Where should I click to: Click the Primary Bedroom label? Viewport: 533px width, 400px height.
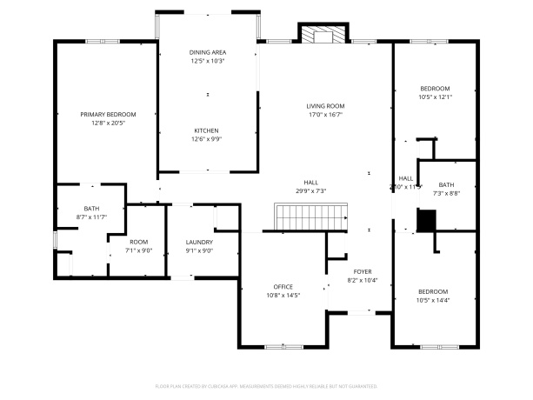tap(108, 114)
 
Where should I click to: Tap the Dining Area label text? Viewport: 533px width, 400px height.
tap(207, 53)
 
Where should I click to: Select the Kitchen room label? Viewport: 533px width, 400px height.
tap(206, 130)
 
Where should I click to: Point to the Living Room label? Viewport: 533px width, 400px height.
tap(325, 106)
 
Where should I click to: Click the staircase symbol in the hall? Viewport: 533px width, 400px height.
tap(312, 217)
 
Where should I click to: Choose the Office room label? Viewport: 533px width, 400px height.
tap(283, 287)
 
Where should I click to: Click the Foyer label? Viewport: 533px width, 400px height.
tap(363, 272)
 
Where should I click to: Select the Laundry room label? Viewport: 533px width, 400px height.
tap(199, 242)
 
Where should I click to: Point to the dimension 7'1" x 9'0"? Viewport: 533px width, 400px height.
tap(139, 250)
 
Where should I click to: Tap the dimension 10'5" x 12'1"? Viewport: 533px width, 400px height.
tap(436, 97)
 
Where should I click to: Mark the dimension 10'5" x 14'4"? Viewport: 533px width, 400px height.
tap(434, 300)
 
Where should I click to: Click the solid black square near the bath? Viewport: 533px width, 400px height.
tap(425, 221)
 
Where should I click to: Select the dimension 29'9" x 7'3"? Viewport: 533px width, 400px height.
tap(310, 190)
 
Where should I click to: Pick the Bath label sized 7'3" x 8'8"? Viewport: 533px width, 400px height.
tap(446, 184)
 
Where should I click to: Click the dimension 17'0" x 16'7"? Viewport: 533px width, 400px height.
tap(325, 115)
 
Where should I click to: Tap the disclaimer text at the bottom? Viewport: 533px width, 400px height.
tap(266, 384)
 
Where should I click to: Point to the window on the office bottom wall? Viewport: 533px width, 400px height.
tap(283, 347)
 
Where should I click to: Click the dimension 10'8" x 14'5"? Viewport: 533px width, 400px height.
tap(283, 296)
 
